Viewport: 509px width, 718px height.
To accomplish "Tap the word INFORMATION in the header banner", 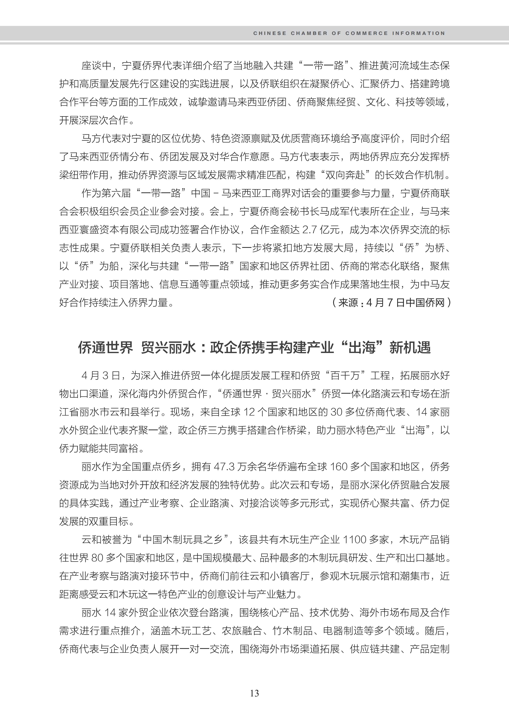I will point(418,33).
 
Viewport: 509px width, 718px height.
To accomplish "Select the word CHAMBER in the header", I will point(309,33).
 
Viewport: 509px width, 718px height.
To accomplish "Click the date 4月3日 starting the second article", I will point(101,376).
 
